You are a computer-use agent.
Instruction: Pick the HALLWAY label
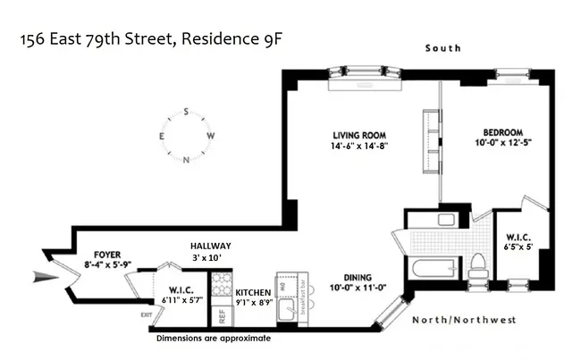click(210, 246)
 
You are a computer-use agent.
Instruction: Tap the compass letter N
click(186, 161)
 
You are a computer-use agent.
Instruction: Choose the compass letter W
click(211, 137)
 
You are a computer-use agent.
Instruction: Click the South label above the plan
click(443, 47)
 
